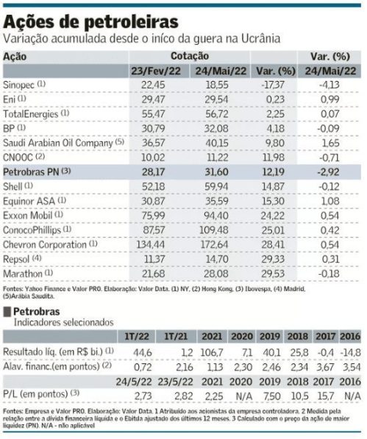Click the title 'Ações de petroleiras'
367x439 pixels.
(90, 22)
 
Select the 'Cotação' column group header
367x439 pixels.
(190, 56)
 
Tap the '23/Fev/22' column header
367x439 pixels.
(156, 71)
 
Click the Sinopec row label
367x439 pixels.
(18, 85)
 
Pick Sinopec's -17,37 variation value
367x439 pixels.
(273, 85)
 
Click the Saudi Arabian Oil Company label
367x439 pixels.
(58, 143)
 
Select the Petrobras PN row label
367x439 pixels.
(31, 172)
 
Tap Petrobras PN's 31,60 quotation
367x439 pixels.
(216, 172)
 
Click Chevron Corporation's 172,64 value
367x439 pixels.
(214, 245)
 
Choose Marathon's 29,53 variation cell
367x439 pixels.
(273, 273)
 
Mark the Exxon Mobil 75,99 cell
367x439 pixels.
(153, 216)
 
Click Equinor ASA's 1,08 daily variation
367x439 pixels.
(330, 201)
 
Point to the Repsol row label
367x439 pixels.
(16, 259)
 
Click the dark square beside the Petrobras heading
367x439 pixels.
(7, 312)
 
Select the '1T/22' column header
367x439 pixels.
(137, 337)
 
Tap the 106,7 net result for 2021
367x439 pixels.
(212, 353)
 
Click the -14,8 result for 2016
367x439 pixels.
(351, 353)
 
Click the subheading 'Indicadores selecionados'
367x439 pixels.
(64, 322)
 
